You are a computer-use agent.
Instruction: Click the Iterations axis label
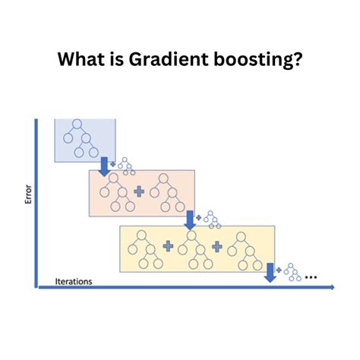tap(74, 281)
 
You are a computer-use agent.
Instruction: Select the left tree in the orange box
tap(117, 193)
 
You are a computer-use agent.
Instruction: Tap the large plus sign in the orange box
tap(140, 192)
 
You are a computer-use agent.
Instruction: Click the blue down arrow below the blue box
tap(104, 165)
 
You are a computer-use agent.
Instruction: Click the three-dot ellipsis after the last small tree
tap(311, 278)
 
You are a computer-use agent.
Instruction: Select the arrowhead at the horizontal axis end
tap(331, 288)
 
